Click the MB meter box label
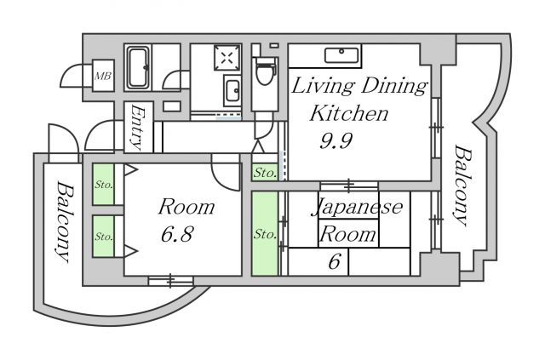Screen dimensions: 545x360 point(103,76)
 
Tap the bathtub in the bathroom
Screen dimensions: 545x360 point(138,67)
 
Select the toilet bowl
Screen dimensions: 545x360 point(265,71)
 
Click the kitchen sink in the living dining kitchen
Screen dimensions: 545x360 point(341,55)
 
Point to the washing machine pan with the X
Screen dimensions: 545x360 point(227,57)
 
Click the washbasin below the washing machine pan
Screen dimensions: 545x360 point(232,91)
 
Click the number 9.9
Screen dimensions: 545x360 point(336,140)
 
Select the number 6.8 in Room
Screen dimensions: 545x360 point(176,234)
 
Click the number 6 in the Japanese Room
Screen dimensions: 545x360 point(334,261)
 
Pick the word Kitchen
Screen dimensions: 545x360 point(348,113)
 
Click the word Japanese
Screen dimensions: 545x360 point(358,207)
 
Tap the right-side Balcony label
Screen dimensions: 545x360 point(463,186)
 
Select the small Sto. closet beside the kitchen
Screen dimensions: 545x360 point(265,172)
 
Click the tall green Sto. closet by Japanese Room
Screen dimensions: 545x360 point(265,233)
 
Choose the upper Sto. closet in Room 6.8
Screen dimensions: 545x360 point(103,184)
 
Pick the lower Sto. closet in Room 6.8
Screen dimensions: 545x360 point(103,237)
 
